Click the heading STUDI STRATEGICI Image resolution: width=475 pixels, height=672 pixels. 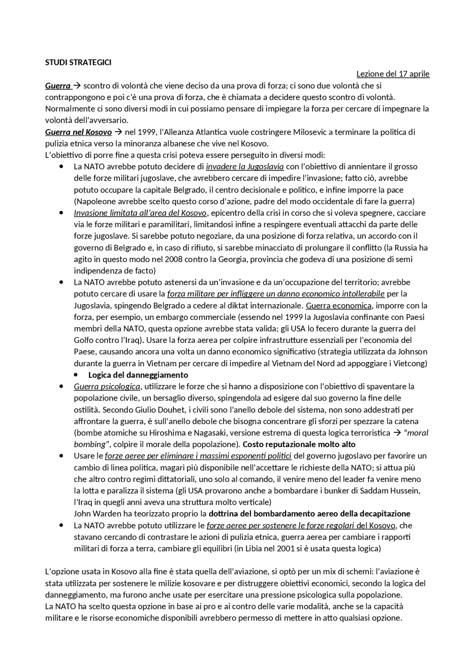(x=78, y=62)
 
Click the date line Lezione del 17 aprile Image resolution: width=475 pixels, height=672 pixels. (x=393, y=74)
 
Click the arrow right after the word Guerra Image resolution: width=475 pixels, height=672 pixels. (x=77, y=86)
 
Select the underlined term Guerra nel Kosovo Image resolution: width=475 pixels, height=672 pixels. (x=78, y=132)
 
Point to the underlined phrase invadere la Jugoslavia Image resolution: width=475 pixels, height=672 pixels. (x=245, y=167)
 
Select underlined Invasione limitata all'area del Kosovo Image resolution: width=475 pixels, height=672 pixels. (x=140, y=213)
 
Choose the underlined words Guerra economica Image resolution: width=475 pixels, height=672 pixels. (x=338, y=306)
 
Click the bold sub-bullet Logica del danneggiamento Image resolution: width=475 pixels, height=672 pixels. (x=138, y=375)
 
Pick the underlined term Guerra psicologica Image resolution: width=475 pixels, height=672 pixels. (x=107, y=387)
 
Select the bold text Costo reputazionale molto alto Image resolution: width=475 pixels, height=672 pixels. (x=299, y=445)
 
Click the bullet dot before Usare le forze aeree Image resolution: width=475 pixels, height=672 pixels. (x=61, y=456)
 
